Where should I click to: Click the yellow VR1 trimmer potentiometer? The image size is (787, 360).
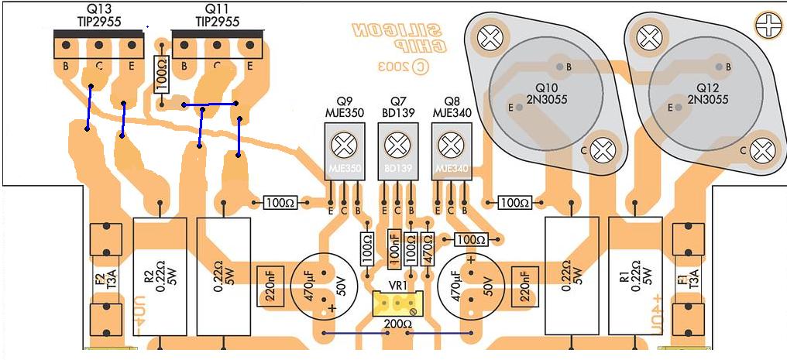pyautogui.click(x=397, y=304)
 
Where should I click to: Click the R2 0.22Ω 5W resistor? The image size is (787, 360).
pyautogui.click(x=160, y=276)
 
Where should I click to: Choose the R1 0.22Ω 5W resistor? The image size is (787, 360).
pyautogui.click(x=635, y=276)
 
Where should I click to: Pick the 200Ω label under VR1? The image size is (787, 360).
pyautogui.click(x=397, y=324)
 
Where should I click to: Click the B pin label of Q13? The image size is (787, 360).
pyautogui.click(x=67, y=67)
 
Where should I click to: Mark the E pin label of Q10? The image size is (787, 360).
pyautogui.click(x=510, y=107)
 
